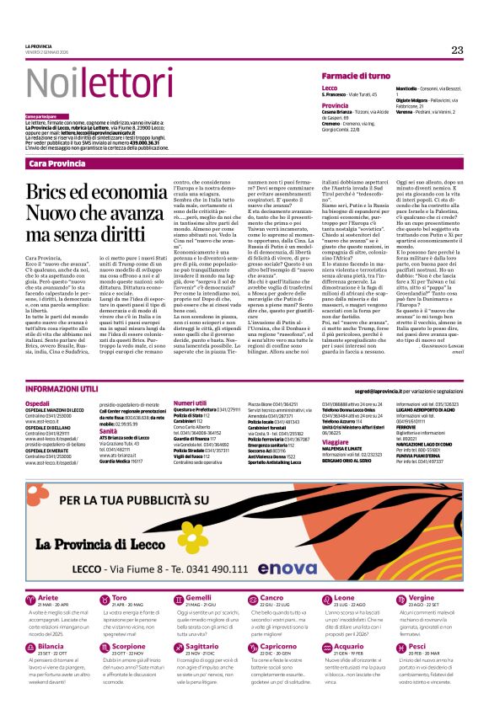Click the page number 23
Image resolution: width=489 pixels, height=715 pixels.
click(457, 50)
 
